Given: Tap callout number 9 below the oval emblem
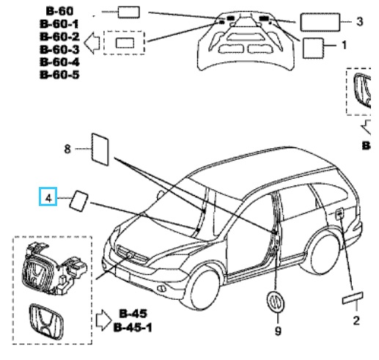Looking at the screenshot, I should click(278, 331).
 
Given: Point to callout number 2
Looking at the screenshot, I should click(356, 320).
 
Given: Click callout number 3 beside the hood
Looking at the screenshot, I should click(359, 21).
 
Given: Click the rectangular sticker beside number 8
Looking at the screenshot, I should click(100, 149).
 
